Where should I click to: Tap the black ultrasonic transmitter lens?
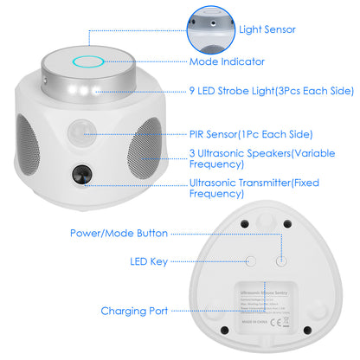point(84,173)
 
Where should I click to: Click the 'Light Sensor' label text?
point(267,29)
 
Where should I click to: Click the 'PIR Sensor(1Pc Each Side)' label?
point(251,134)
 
